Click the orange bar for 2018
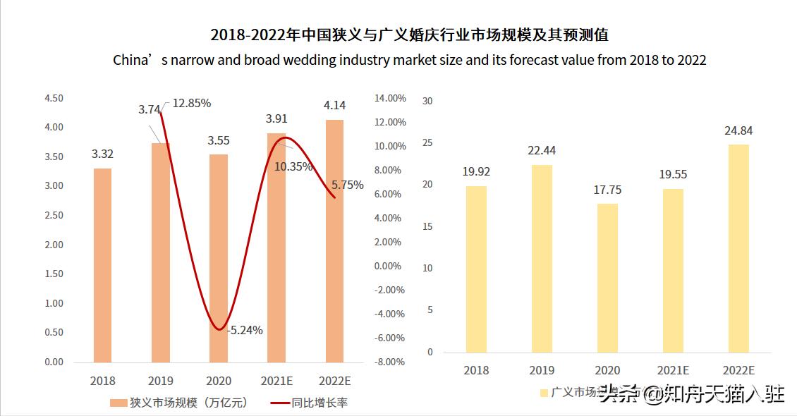[x=102, y=265]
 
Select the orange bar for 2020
[x=219, y=258]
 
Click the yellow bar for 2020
[x=607, y=278]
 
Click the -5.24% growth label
[x=245, y=329]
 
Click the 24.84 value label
[x=738, y=130]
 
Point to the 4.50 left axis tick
[x=54, y=98]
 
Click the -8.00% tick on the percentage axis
[x=389, y=362]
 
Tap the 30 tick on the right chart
[x=427, y=101]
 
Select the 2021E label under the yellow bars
[x=673, y=370]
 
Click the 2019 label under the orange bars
[x=161, y=381]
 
